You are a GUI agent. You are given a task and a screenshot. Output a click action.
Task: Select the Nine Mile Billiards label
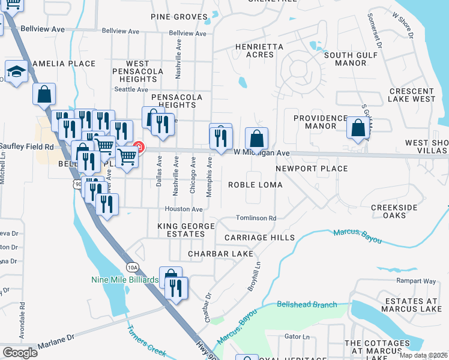click(x=125, y=280)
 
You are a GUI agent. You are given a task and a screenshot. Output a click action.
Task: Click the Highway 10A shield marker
click(x=133, y=267)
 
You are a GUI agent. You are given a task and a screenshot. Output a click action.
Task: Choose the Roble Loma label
click(x=255, y=185)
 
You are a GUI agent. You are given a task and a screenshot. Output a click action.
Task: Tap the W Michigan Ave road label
click(x=262, y=154)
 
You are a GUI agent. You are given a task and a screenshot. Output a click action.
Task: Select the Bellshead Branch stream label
click(x=307, y=305)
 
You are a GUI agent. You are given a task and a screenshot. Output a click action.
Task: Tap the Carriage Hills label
click(x=259, y=238)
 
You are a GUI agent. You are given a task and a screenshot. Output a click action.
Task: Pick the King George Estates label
click(x=181, y=230)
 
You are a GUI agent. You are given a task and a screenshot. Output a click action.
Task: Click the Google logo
click(x=20, y=352)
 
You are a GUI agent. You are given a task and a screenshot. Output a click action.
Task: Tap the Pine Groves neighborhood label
click(x=179, y=17)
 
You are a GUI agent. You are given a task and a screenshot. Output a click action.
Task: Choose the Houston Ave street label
click(x=184, y=209)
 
